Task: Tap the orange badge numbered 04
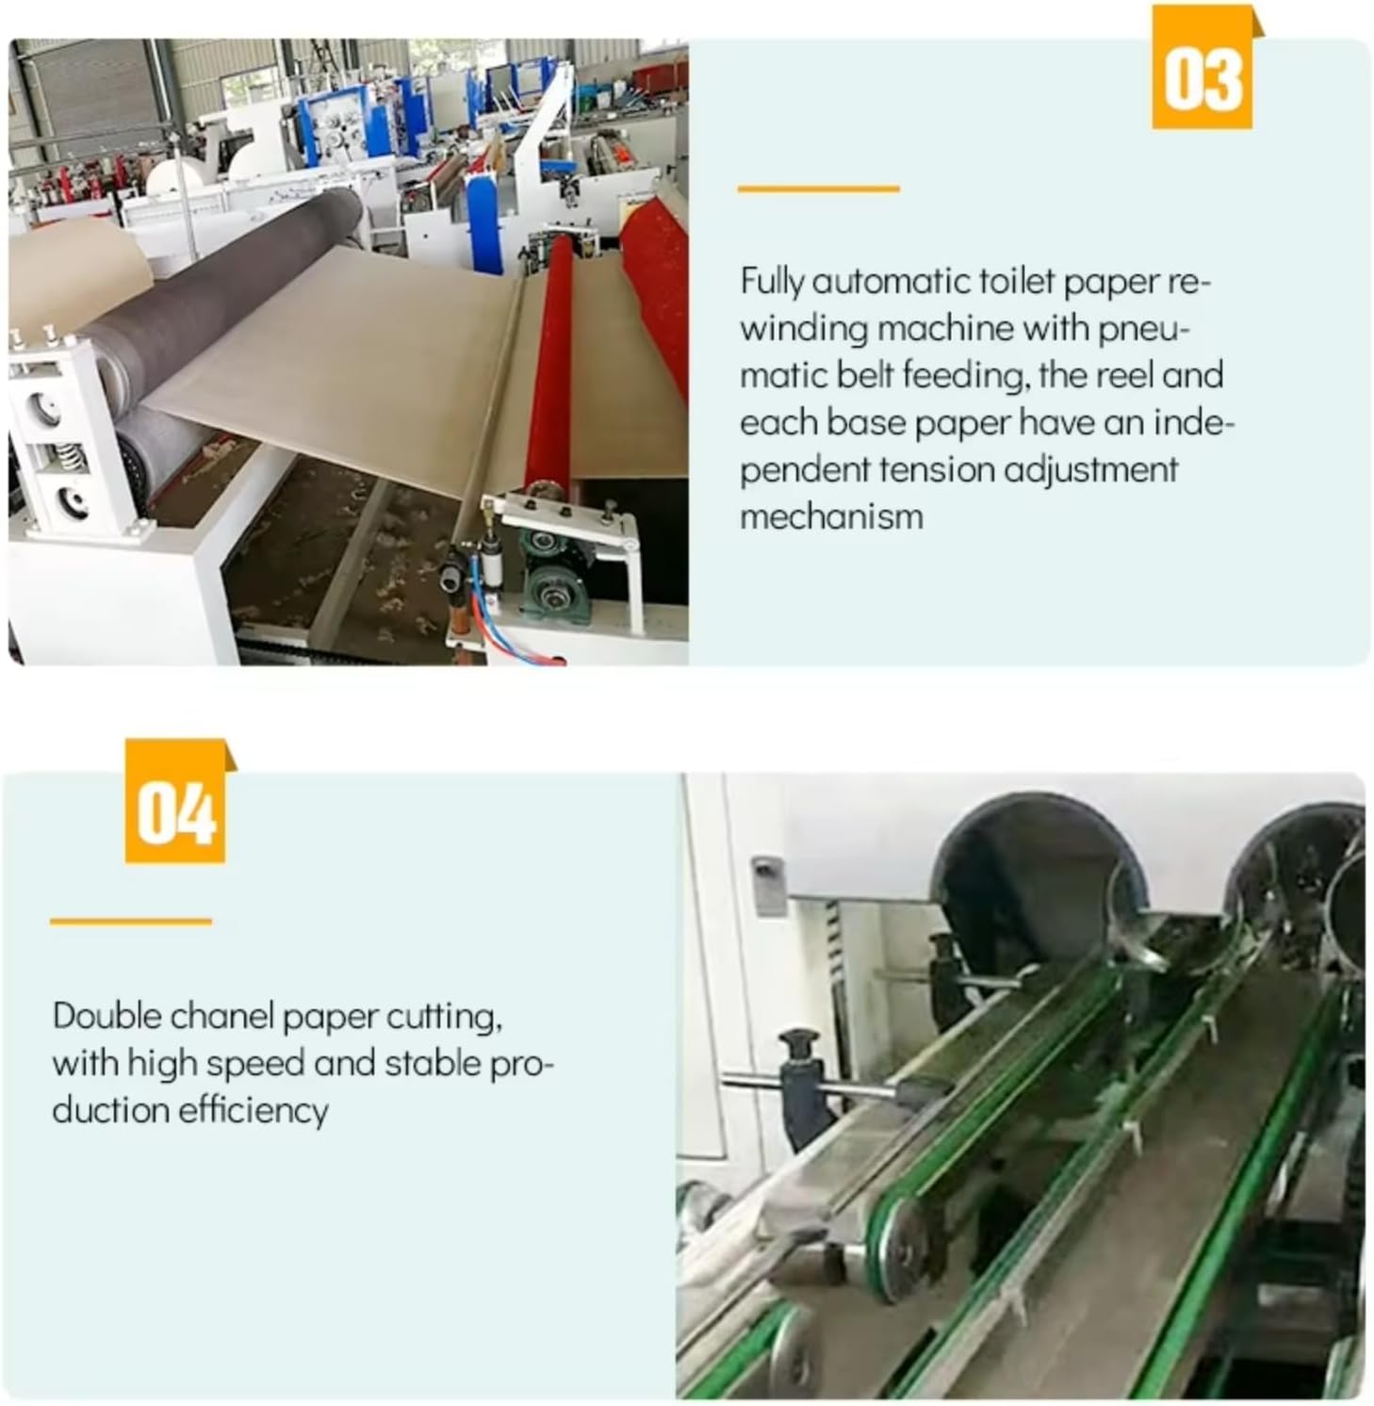click(176, 802)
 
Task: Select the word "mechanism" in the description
click(831, 516)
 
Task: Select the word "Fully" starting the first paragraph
click(772, 282)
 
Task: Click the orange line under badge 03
click(818, 189)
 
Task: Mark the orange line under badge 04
click(131, 922)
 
